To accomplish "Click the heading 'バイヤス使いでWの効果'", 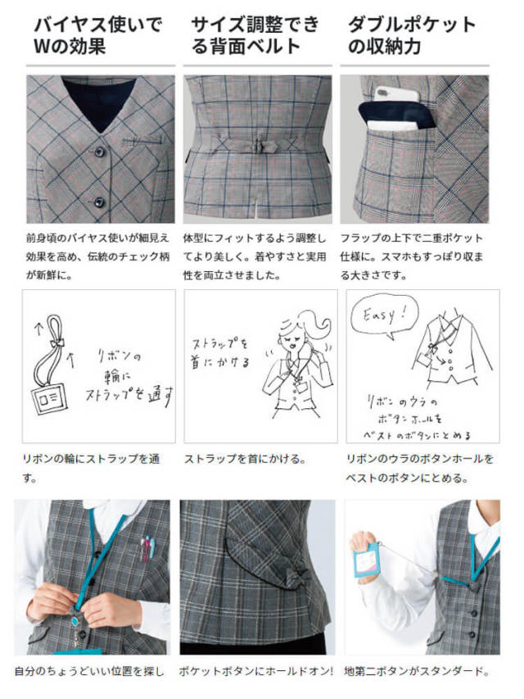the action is [x=97, y=36].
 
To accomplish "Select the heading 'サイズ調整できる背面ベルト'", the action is [x=255, y=36].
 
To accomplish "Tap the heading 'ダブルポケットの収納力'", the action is [x=412, y=36].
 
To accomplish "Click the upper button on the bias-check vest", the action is [x=99, y=152].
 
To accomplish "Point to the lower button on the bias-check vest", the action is [x=99, y=202].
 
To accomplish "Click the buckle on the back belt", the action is [x=258, y=146].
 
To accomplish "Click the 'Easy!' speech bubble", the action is [x=384, y=315].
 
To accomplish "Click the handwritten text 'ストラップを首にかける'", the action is [x=220, y=353].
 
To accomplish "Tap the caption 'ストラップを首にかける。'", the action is [x=246, y=459].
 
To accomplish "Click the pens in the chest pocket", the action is [x=148, y=548].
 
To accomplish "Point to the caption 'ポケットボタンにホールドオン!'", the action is [x=256, y=671].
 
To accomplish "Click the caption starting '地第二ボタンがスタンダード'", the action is [x=417, y=671].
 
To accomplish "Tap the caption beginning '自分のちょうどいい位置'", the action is [x=89, y=671].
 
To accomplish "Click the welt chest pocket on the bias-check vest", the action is [x=142, y=142].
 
